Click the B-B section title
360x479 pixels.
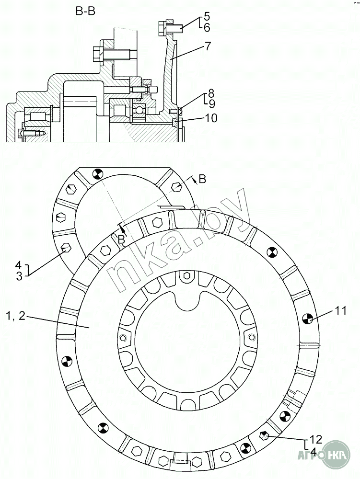click(85, 11)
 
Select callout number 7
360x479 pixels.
click(208, 46)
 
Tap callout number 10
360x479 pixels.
click(211, 118)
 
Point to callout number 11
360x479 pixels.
click(341, 310)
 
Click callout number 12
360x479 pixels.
click(316, 439)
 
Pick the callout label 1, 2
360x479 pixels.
click(15, 316)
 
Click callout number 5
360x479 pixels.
click(207, 16)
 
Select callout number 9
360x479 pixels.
click(212, 104)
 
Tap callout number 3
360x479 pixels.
click(19, 276)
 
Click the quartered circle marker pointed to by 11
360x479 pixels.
click(306, 319)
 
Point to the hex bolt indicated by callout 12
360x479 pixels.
click(264, 436)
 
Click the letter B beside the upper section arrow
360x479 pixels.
click(202, 179)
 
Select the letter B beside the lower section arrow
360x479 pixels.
click(121, 240)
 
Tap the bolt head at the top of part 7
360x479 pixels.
click(163, 27)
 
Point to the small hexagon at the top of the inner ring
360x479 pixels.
click(186, 276)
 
